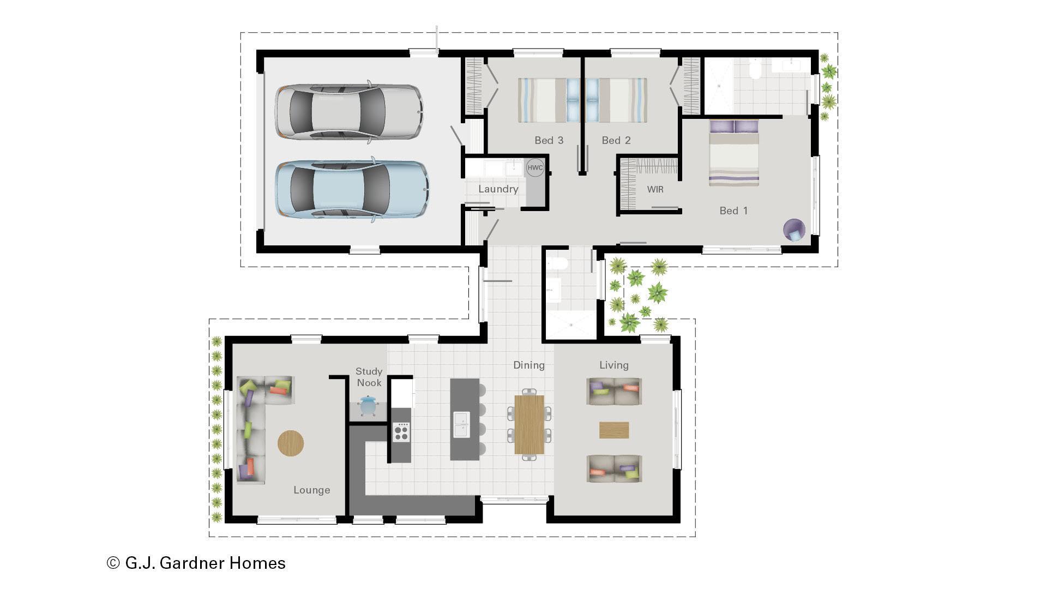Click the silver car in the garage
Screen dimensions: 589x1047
tap(349, 112)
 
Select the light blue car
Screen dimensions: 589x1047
tap(352, 189)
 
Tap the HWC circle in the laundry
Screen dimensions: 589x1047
tap(535, 167)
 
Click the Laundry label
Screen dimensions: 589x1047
tap(498, 189)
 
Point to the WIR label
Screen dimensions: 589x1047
tap(655, 189)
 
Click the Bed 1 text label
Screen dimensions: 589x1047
tap(733, 211)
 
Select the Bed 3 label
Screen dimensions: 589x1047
tap(549, 140)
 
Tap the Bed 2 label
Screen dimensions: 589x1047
tap(616, 140)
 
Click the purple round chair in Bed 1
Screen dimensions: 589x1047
tap(794, 230)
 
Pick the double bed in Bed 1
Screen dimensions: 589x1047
tap(734, 155)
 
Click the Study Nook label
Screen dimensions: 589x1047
tap(369, 377)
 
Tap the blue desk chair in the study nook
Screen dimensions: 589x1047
tap(368, 406)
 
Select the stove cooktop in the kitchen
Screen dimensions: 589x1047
tap(401, 432)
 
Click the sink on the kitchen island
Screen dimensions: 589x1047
tap(461, 425)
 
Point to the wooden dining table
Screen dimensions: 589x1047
tap(529, 425)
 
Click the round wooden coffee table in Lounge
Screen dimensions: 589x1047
tap(291, 443)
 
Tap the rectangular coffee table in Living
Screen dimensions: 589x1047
tap(614, 430)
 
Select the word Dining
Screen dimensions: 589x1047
tap(528, 365)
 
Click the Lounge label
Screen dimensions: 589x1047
tap(311, 490)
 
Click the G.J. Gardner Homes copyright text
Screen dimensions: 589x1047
tap(196, 563)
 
